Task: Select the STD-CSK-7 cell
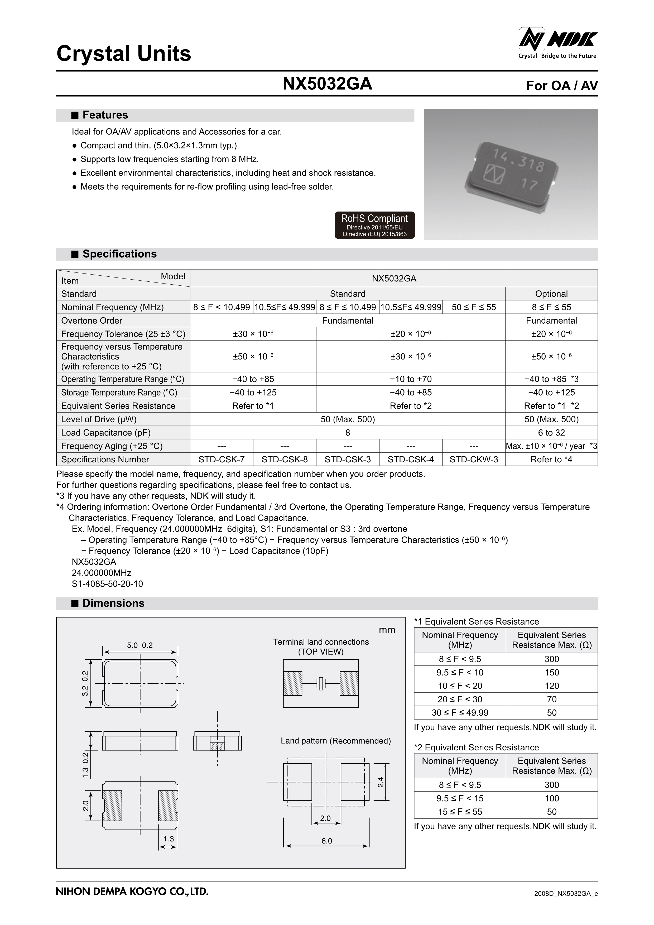(x=222, y=459)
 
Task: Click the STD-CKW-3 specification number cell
(x=474, y=459)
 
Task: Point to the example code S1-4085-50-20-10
(x=107, y=584)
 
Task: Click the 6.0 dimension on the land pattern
(x=326, y=841)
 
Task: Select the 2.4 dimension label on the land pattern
(x=381, y=782)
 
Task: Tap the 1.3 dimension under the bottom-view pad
(x=168, y=838)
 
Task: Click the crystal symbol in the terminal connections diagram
(x=321, y=683)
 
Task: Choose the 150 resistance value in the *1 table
(x=551, y=672)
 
